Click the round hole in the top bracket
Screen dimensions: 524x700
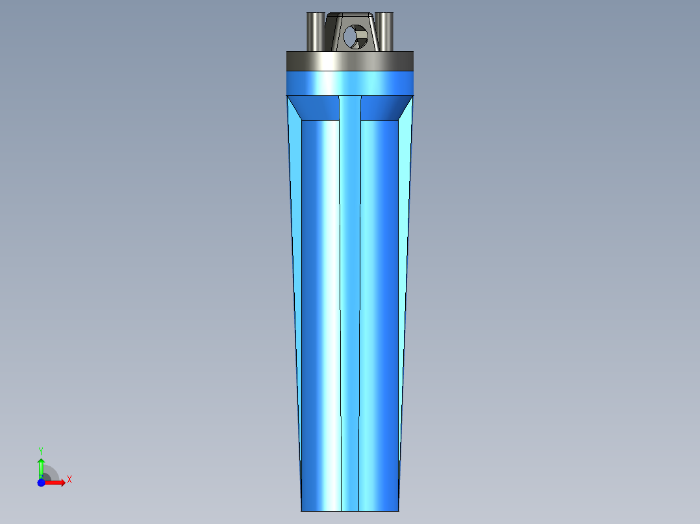point(355,36)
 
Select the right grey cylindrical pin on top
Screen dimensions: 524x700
point(384,31)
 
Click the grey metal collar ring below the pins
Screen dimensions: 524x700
point(350,61)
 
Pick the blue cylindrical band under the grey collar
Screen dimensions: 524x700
point(350,83)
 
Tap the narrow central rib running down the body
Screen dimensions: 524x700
point(350,292)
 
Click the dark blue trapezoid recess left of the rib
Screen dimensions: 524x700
point(318,108)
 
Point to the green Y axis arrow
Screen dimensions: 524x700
point(41,466)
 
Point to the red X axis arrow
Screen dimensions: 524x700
point(56,482)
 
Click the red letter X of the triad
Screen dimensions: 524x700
point(69,480)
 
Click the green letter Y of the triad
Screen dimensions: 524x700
point(41,450)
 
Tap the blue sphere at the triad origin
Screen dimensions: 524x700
point(41,482)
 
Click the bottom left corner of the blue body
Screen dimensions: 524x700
point(302,510)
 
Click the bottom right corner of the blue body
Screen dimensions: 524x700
point(398,510)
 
